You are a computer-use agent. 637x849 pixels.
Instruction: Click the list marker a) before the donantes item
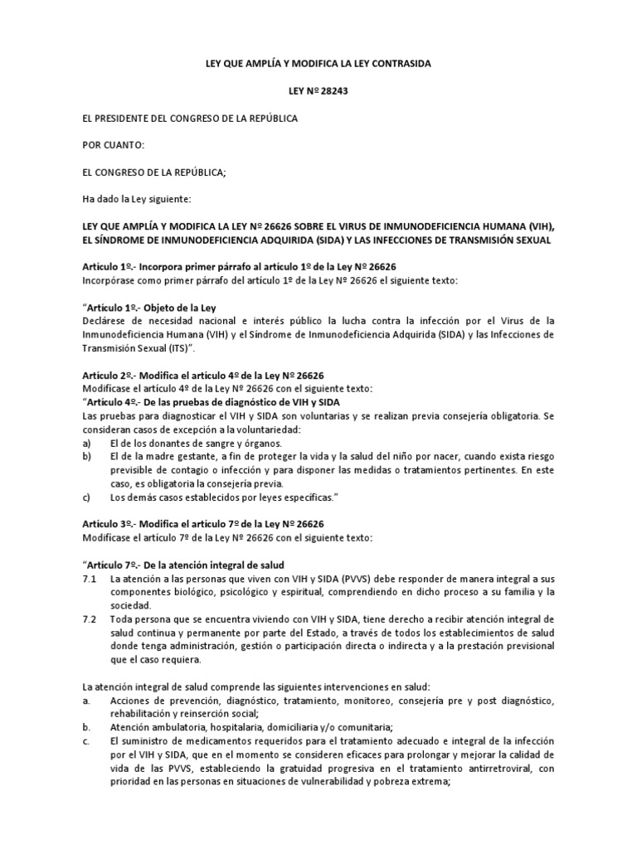86,444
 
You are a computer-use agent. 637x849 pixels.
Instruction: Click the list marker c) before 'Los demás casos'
86,497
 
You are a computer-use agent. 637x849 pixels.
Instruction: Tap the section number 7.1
90,579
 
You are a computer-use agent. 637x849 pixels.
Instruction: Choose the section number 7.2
90,619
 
